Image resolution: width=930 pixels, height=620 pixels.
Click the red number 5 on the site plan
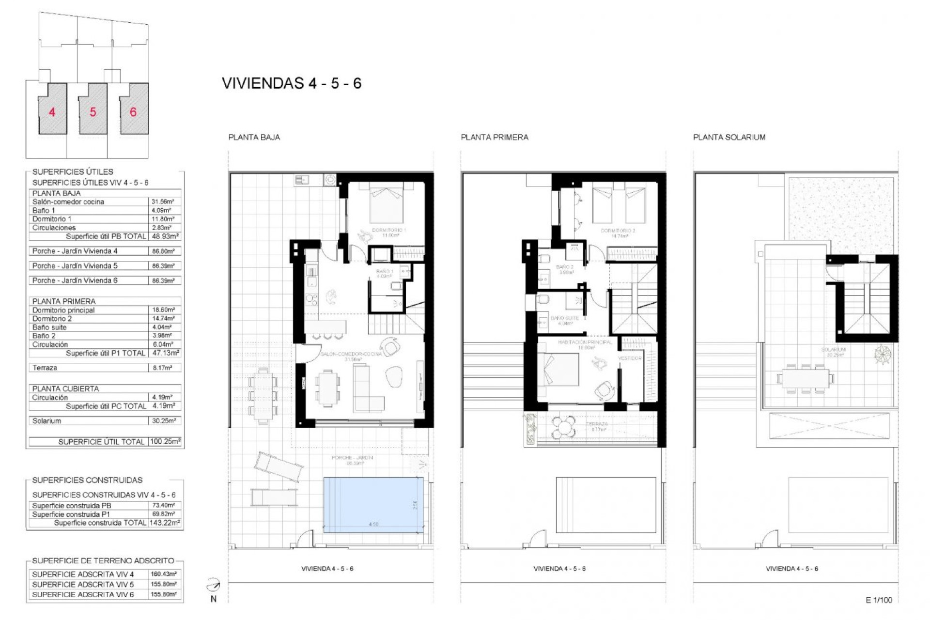(93, 112)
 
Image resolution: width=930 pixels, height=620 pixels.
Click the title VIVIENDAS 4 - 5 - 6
(292, 83)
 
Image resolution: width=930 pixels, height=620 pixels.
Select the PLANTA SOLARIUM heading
(729, 137)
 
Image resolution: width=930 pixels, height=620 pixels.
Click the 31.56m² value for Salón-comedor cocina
(163, 201)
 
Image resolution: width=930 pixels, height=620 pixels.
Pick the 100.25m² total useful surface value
(165, 441)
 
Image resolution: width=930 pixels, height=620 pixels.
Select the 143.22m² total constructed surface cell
(165, 523)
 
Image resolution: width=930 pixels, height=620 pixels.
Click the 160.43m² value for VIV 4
(163, 574)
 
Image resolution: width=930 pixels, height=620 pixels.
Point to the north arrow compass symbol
(213, 586)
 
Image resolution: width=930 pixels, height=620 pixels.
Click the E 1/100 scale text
(879, 600)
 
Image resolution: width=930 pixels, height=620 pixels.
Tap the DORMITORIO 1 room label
(389, 230)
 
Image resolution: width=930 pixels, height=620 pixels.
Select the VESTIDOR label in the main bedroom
(630, 358)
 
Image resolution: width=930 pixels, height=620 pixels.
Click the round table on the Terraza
(564, 427)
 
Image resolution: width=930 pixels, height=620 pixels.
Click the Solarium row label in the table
(47, 420)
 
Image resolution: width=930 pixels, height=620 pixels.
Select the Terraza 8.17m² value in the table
(163, 368)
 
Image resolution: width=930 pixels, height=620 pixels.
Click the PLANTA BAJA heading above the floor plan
(254, 137)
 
